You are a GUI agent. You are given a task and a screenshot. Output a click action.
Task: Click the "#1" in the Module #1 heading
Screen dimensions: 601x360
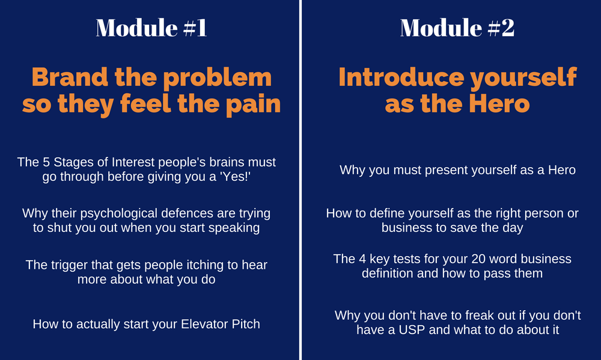(x=195, y=28)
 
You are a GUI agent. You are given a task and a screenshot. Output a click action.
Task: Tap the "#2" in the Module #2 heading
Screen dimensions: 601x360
(x=501, y=28)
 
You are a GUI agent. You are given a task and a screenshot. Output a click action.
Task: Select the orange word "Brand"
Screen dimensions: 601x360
(x=70, y=77)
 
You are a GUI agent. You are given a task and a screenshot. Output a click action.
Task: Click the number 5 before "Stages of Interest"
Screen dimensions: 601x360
(x=46, y=162)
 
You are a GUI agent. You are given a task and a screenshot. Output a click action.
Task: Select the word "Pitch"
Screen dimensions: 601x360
(x=245, y=324)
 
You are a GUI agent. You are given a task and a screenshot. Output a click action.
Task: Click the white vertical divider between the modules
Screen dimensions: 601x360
(x=300, y=180)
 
